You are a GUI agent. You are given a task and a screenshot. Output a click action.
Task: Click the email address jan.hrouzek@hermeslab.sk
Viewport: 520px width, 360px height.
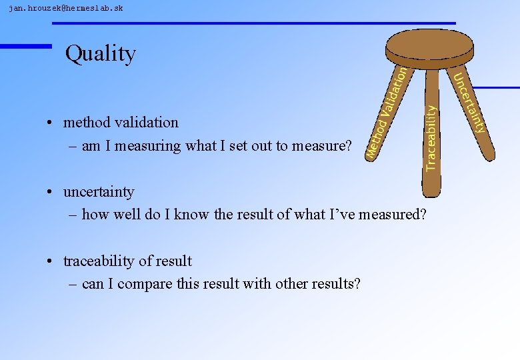(x=65, y=8)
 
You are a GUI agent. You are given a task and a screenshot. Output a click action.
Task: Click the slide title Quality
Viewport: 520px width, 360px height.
(x=101, y=53)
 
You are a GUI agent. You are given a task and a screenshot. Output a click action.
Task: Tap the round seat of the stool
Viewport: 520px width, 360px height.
(x=430, y=45)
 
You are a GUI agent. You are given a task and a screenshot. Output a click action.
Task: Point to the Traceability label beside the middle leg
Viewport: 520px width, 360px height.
(x=431, y=137)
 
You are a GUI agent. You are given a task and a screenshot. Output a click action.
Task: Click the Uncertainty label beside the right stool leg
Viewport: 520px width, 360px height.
(x=470, y=103)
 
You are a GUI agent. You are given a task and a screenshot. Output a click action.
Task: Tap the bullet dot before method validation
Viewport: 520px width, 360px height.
(x=50, y=123)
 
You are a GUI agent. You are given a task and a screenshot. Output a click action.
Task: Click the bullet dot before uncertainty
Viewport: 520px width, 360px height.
(x=50, y=193)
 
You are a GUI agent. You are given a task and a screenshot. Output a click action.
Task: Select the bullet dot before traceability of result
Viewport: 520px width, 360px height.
(x=50, y=262)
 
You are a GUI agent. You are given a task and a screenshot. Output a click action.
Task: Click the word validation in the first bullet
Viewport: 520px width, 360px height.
(x=146, y=123)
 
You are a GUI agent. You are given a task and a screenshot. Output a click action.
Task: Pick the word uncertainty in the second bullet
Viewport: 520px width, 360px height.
(x=99, y=192)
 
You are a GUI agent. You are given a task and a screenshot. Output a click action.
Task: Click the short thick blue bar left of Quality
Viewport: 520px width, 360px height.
(x=25, y=46)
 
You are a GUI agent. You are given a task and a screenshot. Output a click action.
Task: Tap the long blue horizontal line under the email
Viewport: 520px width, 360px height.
(x=253, y=23)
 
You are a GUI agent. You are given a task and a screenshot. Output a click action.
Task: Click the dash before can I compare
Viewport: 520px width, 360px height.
(x=73, y=285)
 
